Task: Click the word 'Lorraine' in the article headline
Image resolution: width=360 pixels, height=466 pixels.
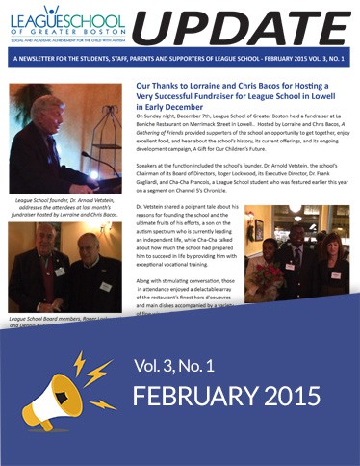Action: [x=201, y=86]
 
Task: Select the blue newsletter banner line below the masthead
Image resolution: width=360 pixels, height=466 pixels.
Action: [x=180, y=60]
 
